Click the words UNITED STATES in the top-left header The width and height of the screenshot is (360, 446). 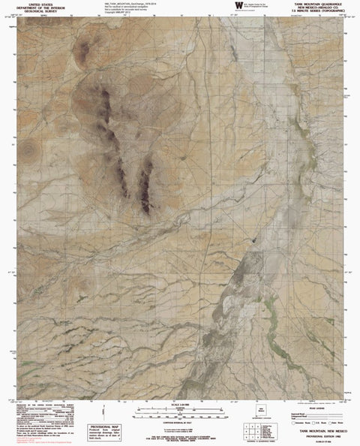click(x=37, y=4)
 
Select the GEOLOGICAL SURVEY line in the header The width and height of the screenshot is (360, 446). click(x=37, y=13)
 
